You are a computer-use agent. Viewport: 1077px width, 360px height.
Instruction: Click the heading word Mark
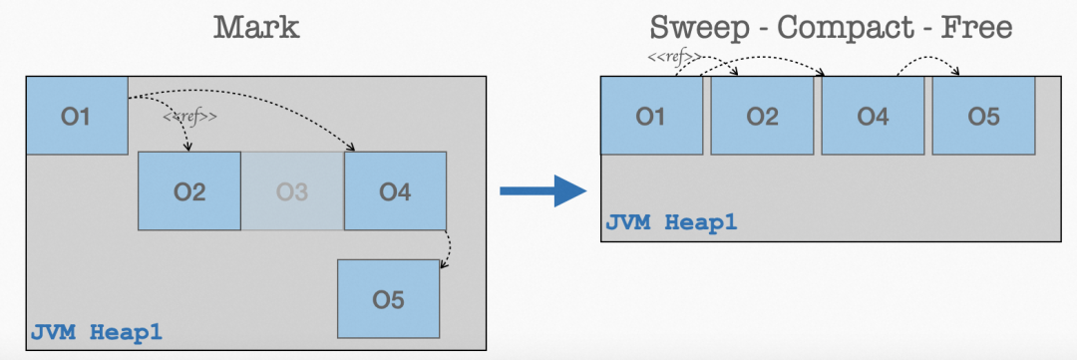256,27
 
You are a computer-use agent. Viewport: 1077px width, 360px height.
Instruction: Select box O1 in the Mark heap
76,116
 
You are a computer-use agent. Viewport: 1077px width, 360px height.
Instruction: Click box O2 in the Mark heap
189,191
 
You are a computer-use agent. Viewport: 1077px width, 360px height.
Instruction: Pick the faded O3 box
292,191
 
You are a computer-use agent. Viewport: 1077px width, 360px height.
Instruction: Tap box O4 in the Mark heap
395,191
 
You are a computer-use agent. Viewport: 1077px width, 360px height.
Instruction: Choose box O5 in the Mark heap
388,298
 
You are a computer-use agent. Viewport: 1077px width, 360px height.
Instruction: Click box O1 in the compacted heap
651,117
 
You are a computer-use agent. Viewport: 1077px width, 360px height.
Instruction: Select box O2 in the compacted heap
762,117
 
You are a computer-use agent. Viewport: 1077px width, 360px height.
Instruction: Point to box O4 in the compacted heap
873,117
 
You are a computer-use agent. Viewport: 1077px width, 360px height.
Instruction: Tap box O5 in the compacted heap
982,117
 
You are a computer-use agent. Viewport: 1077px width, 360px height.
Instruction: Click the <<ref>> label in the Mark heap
189,117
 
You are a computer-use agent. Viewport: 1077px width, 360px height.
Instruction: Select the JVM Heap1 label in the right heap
671,221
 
